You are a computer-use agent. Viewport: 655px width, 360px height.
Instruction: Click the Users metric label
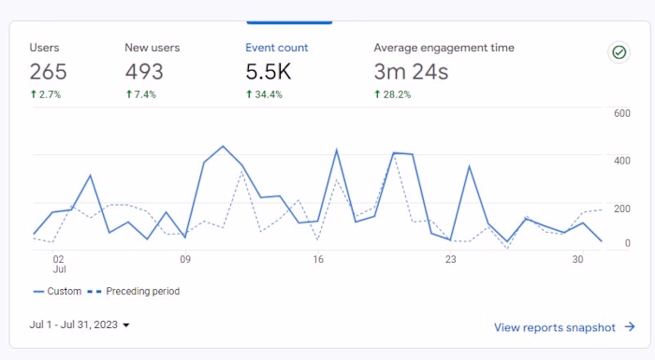(x=44, y=48)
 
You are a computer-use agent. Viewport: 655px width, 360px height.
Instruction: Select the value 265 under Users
(x=48, y=72)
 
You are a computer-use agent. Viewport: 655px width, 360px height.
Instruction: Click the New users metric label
(x=152, y=48)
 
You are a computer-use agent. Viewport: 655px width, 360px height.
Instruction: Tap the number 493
(x=144, y=72)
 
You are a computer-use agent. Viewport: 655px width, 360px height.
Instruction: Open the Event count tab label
(x=276, y=48)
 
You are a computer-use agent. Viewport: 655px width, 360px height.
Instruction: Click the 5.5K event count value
(x=269, y=72)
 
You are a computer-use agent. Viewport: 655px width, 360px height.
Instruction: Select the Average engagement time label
(x=444, y=48)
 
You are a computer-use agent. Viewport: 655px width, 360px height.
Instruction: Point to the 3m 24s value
(x=411, y=72)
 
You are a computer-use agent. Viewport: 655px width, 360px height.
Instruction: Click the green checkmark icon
(x=619, y=52)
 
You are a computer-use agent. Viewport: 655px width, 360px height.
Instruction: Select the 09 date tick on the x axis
(x=185, y=260)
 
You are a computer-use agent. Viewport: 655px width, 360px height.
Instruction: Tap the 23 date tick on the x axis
(x=450, y=260)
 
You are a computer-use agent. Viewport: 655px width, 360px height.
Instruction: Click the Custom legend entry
(x=57, y=292)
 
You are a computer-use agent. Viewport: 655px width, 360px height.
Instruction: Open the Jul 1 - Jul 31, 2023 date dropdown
(x=80, y=324)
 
